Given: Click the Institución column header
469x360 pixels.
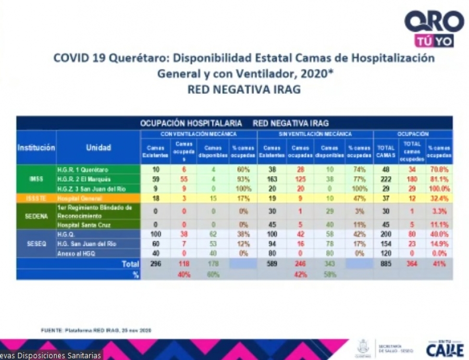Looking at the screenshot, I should click(x=36, y=148).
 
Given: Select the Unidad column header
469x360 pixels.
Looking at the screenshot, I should click(x=98, y=148).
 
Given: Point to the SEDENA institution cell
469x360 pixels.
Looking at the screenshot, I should click(x=36, y=216).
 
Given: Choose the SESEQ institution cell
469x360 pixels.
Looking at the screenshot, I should click(x=36, y=243).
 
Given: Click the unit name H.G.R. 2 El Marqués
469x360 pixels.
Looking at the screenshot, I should click(x=80, y=179).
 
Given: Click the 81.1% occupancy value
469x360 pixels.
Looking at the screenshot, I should click(x=439, y=179).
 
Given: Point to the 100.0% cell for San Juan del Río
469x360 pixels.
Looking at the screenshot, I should click(x=439, y=188).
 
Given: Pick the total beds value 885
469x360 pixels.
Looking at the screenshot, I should click(x=386, y=264).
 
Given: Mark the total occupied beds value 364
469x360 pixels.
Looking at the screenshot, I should click(x=412, y=264).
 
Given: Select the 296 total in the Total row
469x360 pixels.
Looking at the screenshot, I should click(x=155, y=264).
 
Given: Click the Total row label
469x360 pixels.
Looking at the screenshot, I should click(x=130, y=264).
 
